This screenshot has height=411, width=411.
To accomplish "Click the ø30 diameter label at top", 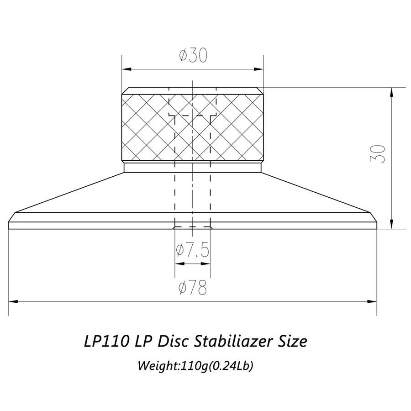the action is tap(193, 55).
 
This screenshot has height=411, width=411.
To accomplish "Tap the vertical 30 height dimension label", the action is tap(378, 154).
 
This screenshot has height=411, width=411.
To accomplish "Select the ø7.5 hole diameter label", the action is tap(193, 250).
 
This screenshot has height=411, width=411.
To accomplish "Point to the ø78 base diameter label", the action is tap(193, 288).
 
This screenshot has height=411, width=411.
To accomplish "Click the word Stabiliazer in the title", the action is tap(232, 342).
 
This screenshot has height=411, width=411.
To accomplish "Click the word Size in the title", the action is tap(291, 342).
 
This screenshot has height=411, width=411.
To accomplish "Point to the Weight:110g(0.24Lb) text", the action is tap(195, 366).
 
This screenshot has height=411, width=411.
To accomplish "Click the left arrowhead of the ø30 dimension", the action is tap(127, 69).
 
